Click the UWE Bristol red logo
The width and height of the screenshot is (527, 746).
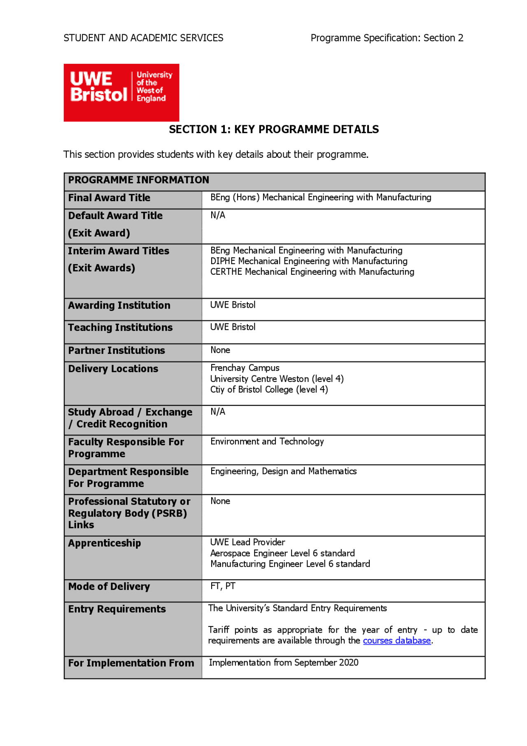pyautogui.click(x=121, y=92)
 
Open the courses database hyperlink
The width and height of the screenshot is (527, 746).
pyautogui.click(x=396, y=641)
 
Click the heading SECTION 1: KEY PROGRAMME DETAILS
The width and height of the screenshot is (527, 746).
pyautogui.click(x=274, y=129)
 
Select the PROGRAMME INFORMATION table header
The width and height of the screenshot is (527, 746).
pyautogui.click(x=139, y=180)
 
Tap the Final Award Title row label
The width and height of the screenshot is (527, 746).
pyautogui.click(x=109, y=198)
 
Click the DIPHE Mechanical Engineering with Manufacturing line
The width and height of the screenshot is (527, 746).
pyautogui.click(x=309, y=261)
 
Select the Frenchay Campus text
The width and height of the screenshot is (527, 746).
pyautogui.click(x=245, y=368)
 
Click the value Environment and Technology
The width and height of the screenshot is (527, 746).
pyautogui.click(x=267, y=442)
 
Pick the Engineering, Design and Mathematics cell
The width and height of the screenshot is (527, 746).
pyautogui.click(x=283, y=471)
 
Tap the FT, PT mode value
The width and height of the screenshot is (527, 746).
pyautogui.click(x=223, y=586)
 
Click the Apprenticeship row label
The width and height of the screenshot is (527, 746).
pyautogui.click(x=105, y=543)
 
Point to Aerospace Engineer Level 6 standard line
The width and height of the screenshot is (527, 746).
pyautogui.click(x=282, y=553)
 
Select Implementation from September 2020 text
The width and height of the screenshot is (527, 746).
pyautogui.click(x=283, y=663)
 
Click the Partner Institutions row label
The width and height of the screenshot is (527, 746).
pyautogui.click(x=117, y=351)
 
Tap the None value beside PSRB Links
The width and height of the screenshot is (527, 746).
pyautogui.click(x=220, y=501)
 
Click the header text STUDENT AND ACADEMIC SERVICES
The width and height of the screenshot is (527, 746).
pyautogui.click(x=143, y=38)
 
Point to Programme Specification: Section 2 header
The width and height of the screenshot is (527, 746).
pyautogui.click(x=387, y=38)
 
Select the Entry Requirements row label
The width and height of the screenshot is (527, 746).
pyautogui.click(x=117, y=609)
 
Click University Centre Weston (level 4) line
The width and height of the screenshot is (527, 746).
pyautogui.click(x=277, y=379)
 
